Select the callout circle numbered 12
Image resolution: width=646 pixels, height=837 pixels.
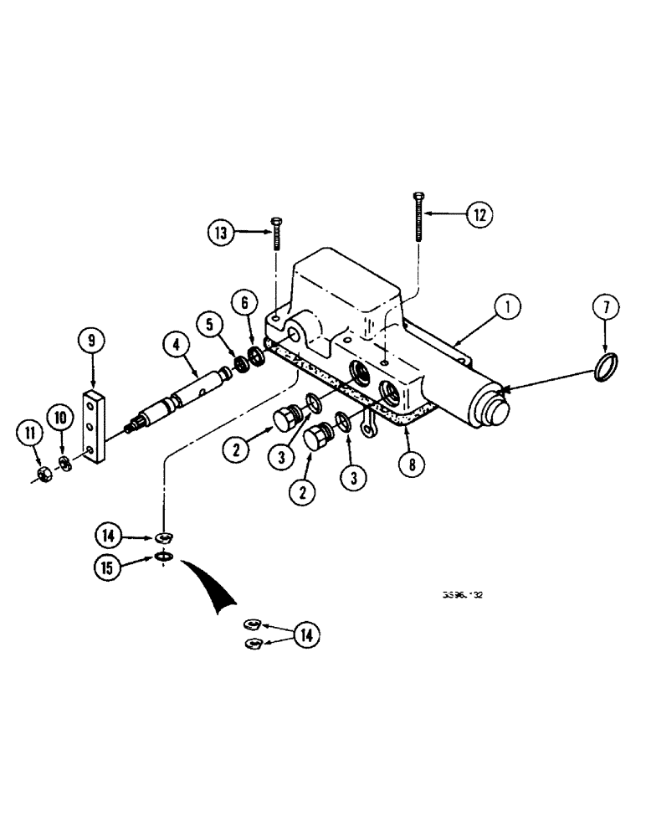[x=477, y=215]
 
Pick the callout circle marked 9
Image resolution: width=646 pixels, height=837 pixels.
[x=92, y=340]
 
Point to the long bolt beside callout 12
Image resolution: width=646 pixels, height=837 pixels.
[x=418, y=216]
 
